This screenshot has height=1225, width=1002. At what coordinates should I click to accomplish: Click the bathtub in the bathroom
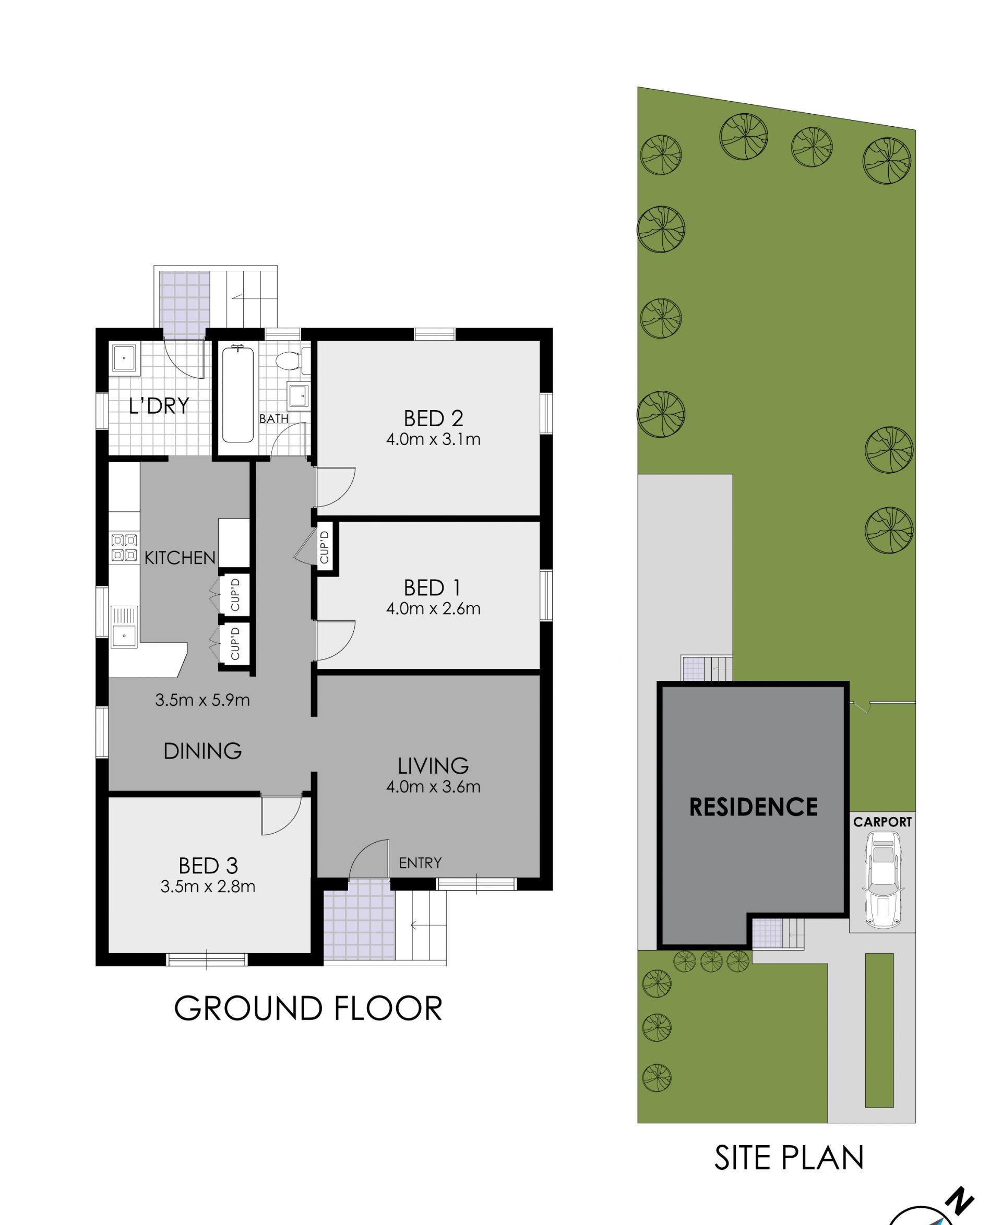238,393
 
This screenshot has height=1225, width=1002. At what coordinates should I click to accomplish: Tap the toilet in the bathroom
293,361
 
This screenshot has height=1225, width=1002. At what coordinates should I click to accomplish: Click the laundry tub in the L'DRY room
124,358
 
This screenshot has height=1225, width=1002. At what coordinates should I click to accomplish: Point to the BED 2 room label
433,418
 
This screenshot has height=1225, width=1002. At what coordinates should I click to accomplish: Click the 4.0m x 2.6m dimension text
433,608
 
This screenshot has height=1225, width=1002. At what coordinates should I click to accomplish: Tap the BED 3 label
208,866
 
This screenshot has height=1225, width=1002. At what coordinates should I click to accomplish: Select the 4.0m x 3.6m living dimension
433,786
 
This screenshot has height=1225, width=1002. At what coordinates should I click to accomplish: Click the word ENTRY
420,862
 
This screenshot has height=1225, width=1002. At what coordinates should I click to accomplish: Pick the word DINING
202,751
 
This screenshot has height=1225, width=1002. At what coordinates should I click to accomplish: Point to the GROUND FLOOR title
308,1008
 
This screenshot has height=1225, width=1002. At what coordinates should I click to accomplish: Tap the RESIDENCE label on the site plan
753,807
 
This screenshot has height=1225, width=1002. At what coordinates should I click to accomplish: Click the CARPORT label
882,822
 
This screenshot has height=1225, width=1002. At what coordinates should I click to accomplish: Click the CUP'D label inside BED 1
325,547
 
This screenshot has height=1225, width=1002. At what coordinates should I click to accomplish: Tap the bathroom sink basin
299,397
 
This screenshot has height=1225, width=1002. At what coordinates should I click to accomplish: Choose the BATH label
273,418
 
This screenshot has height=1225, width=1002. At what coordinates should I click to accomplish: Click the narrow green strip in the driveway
879,1030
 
